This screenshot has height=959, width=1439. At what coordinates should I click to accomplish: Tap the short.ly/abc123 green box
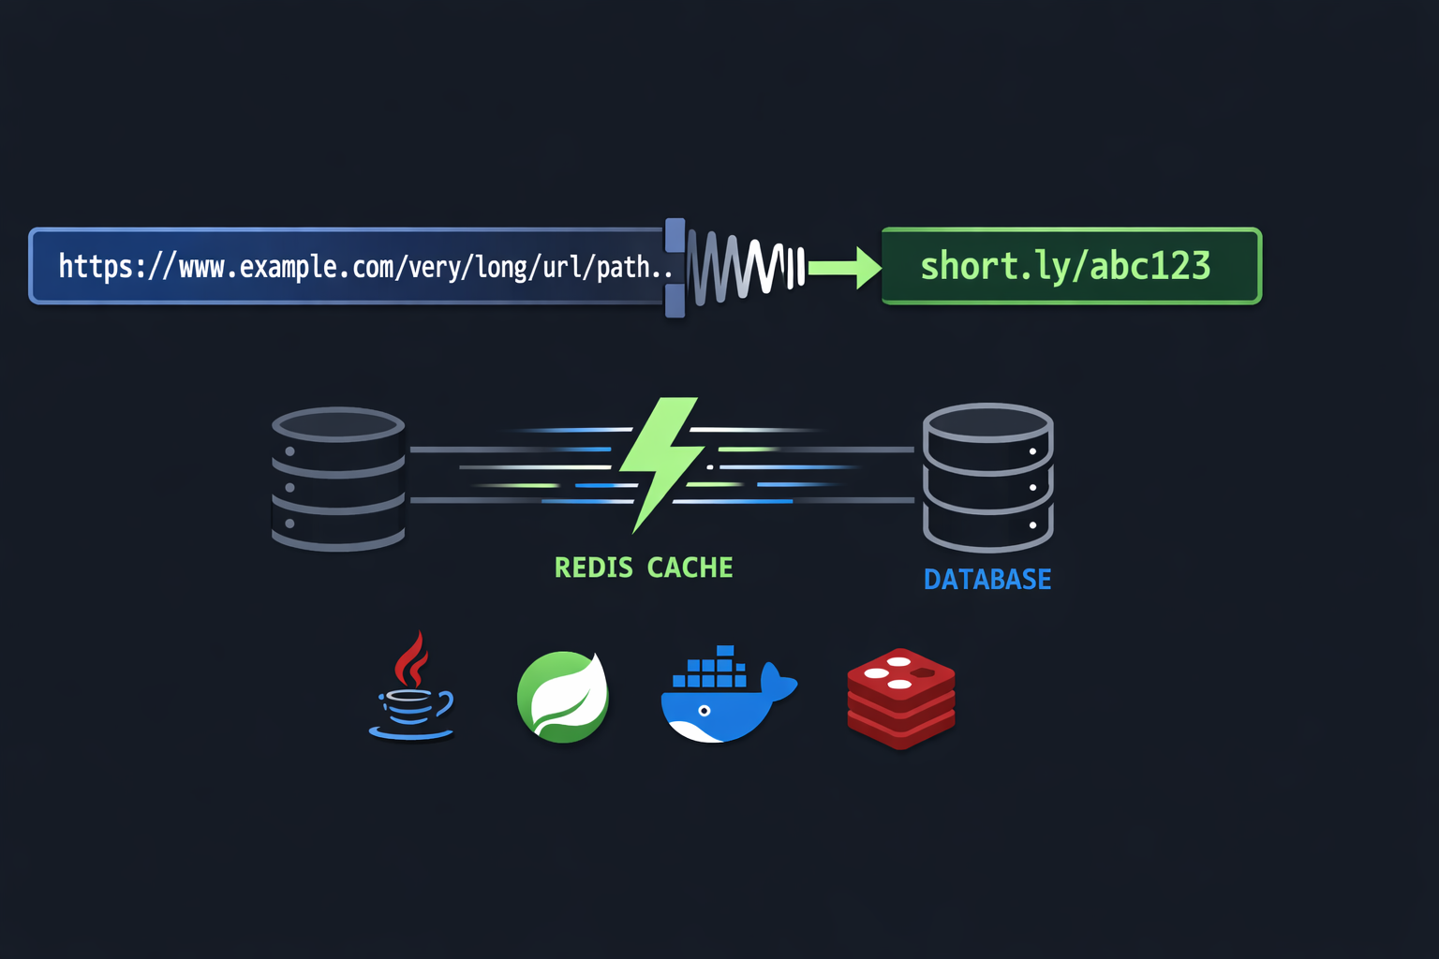[1071, 266]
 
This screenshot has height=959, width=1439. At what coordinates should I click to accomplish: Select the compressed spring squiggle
[745, 267]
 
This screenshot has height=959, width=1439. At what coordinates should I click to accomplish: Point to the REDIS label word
[593, 568]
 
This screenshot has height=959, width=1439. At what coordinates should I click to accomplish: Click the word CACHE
[690, 568]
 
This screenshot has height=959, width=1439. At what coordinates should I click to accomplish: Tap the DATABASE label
[987, 580]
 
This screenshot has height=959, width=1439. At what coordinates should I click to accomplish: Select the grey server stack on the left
[338, 479]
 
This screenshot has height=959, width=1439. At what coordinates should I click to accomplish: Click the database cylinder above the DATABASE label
[988, 477]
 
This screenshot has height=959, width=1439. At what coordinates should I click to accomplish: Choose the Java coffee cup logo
[412, 691]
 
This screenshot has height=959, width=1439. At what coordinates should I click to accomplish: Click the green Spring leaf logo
[563, 697]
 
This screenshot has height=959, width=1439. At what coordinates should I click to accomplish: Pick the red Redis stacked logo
[901, 698]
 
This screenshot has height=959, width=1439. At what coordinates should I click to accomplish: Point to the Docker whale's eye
[705, 711]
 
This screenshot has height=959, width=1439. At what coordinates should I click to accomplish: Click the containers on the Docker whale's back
[716, 668]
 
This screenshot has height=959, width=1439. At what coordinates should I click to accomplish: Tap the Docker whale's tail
[778, 681]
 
